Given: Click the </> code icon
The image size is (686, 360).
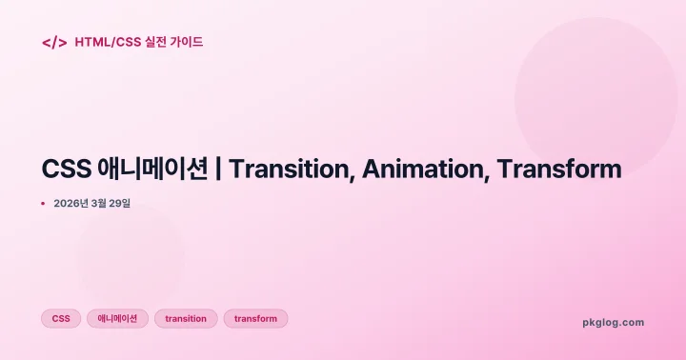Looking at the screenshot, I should pos(54,42).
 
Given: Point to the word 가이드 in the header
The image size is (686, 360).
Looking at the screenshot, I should pos(188,42).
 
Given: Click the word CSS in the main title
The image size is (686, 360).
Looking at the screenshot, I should pos(66,170).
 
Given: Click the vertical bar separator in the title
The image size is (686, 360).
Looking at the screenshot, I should pos(219,170).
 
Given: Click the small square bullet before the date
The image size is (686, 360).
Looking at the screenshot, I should pos(43,203).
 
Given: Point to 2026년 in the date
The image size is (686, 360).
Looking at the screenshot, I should pos(71,203).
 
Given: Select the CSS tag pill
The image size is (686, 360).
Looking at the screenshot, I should pos(61,319).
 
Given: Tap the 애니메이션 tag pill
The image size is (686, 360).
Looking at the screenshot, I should pos(117,319).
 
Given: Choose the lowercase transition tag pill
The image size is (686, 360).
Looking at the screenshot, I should pos(186,319).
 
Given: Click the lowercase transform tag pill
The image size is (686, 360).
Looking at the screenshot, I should pos(255,319).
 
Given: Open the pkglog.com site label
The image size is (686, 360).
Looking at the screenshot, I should pos(613,322).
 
